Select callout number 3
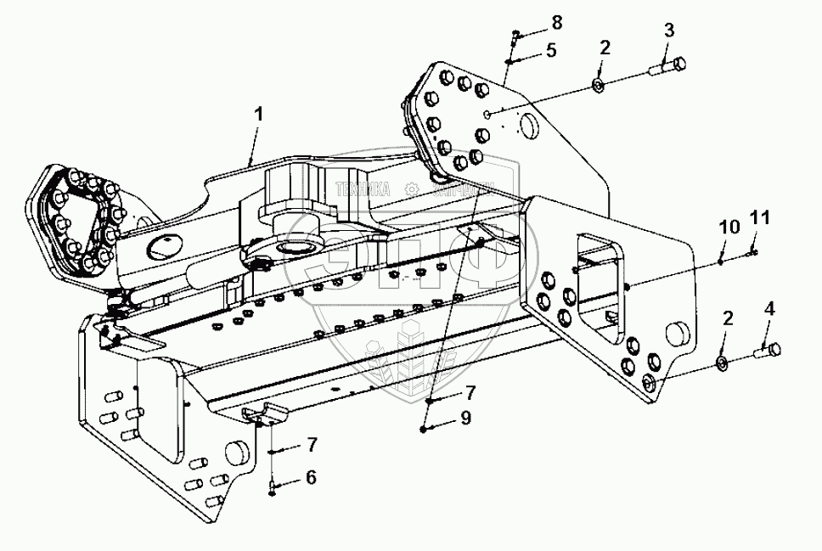pyautogui.click(x=669, y=31)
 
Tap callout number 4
pyautogui.click(x=769, y=309)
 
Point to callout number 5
pyautogui.click(x=551, y=50)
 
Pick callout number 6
pyautogui.click(x=311, y=477)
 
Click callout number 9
pyautogui.click(x=464, y=418)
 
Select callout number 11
pyautogui.click(x=760, y=219)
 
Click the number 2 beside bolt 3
pyautogui.click(x=605, y=48)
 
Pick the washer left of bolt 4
pyautogui.click(x=722, y=364)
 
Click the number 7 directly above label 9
pyautogui.click(x=470, y=392)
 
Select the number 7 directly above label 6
pyautogui.click(x=311, y=444)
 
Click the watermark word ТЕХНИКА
pyautogui.click(x=363, y=190)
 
